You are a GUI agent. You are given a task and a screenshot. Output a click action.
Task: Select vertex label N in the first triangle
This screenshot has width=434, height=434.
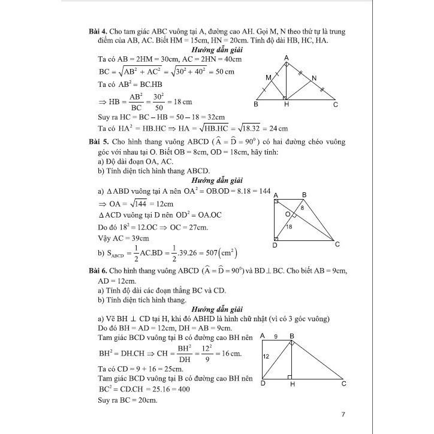point(314,78)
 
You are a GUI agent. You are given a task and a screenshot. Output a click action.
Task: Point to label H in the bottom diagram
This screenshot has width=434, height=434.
point(292,385)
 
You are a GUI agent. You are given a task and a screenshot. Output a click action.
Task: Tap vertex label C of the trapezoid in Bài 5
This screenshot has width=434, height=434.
point(338,244)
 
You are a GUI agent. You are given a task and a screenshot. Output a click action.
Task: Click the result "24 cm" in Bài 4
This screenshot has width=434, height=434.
point(278,128)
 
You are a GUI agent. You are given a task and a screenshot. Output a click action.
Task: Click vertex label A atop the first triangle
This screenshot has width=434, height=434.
point(287,57)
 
